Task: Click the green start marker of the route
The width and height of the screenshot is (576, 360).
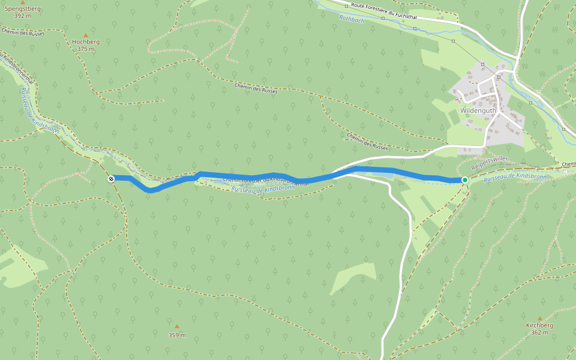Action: (464, 179)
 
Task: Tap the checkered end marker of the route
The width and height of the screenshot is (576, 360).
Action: (111, 178)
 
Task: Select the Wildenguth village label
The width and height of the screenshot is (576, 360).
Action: (478, 110)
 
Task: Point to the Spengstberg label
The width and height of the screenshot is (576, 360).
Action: (23, 9)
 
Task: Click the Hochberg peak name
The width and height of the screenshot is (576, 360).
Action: (86, 42)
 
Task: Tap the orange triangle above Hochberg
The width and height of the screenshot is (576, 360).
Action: (86, 35)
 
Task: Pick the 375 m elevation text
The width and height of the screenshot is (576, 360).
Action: (86, 49)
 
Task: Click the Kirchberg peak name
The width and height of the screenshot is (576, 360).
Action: (539, 325)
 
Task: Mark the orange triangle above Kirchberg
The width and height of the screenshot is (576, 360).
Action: (539, 319)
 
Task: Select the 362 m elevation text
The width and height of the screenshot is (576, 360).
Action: (539, 332)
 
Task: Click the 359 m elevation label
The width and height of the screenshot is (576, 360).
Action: (177, 335)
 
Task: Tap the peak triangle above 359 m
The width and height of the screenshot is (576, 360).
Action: (177, 326)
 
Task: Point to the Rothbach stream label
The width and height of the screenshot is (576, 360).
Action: (352, 19)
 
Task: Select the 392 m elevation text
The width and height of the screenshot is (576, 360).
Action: (23, 16)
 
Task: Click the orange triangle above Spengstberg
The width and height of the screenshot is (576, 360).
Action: (23, 2)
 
